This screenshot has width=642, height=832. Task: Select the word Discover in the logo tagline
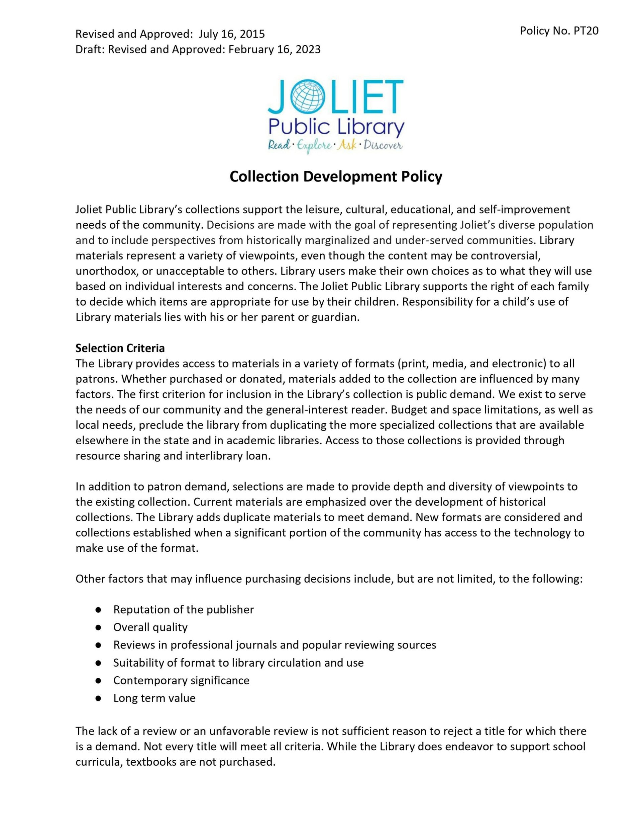383,146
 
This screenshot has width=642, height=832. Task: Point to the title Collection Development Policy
336,177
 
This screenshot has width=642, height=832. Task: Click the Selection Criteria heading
120,348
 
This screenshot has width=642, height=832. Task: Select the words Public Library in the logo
336,127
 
